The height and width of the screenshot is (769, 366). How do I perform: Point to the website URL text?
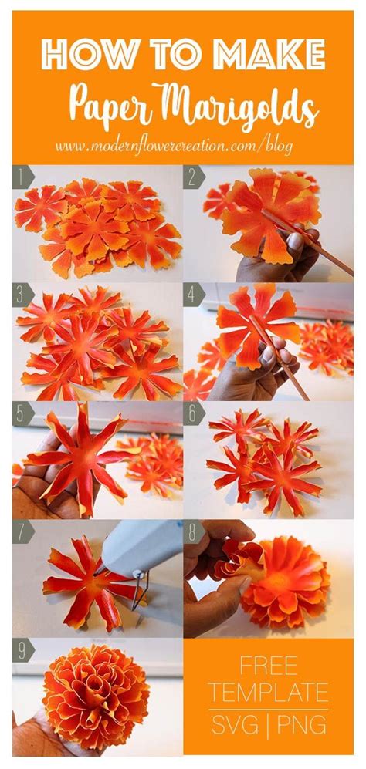174,144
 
